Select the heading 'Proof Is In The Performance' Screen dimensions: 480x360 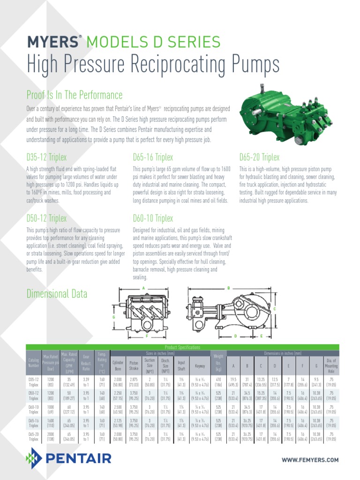tap(75, 96)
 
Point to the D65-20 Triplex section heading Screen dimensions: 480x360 tap(259, 157)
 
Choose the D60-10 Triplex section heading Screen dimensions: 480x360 tap(153, 218)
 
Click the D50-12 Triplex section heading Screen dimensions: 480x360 tap(46, 218)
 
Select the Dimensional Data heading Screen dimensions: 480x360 tap(57, 294)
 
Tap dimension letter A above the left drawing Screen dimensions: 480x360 tap(144, 288)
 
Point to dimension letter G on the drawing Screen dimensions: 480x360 tap(113, 318)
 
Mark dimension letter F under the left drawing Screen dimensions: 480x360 tap(147, 336)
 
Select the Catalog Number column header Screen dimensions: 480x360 tap(34, 362)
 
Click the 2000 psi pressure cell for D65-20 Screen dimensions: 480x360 tap(50, 436)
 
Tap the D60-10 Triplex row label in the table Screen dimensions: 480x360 tap(34, 410)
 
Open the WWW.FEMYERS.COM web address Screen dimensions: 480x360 tap(310, 460)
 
